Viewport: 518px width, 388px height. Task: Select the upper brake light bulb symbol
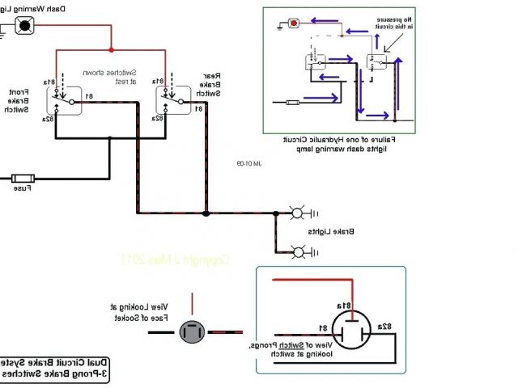click(297, 214)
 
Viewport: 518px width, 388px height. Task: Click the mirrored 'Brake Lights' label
click(331, 232)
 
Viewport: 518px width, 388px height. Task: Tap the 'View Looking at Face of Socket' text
click(139, 311)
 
